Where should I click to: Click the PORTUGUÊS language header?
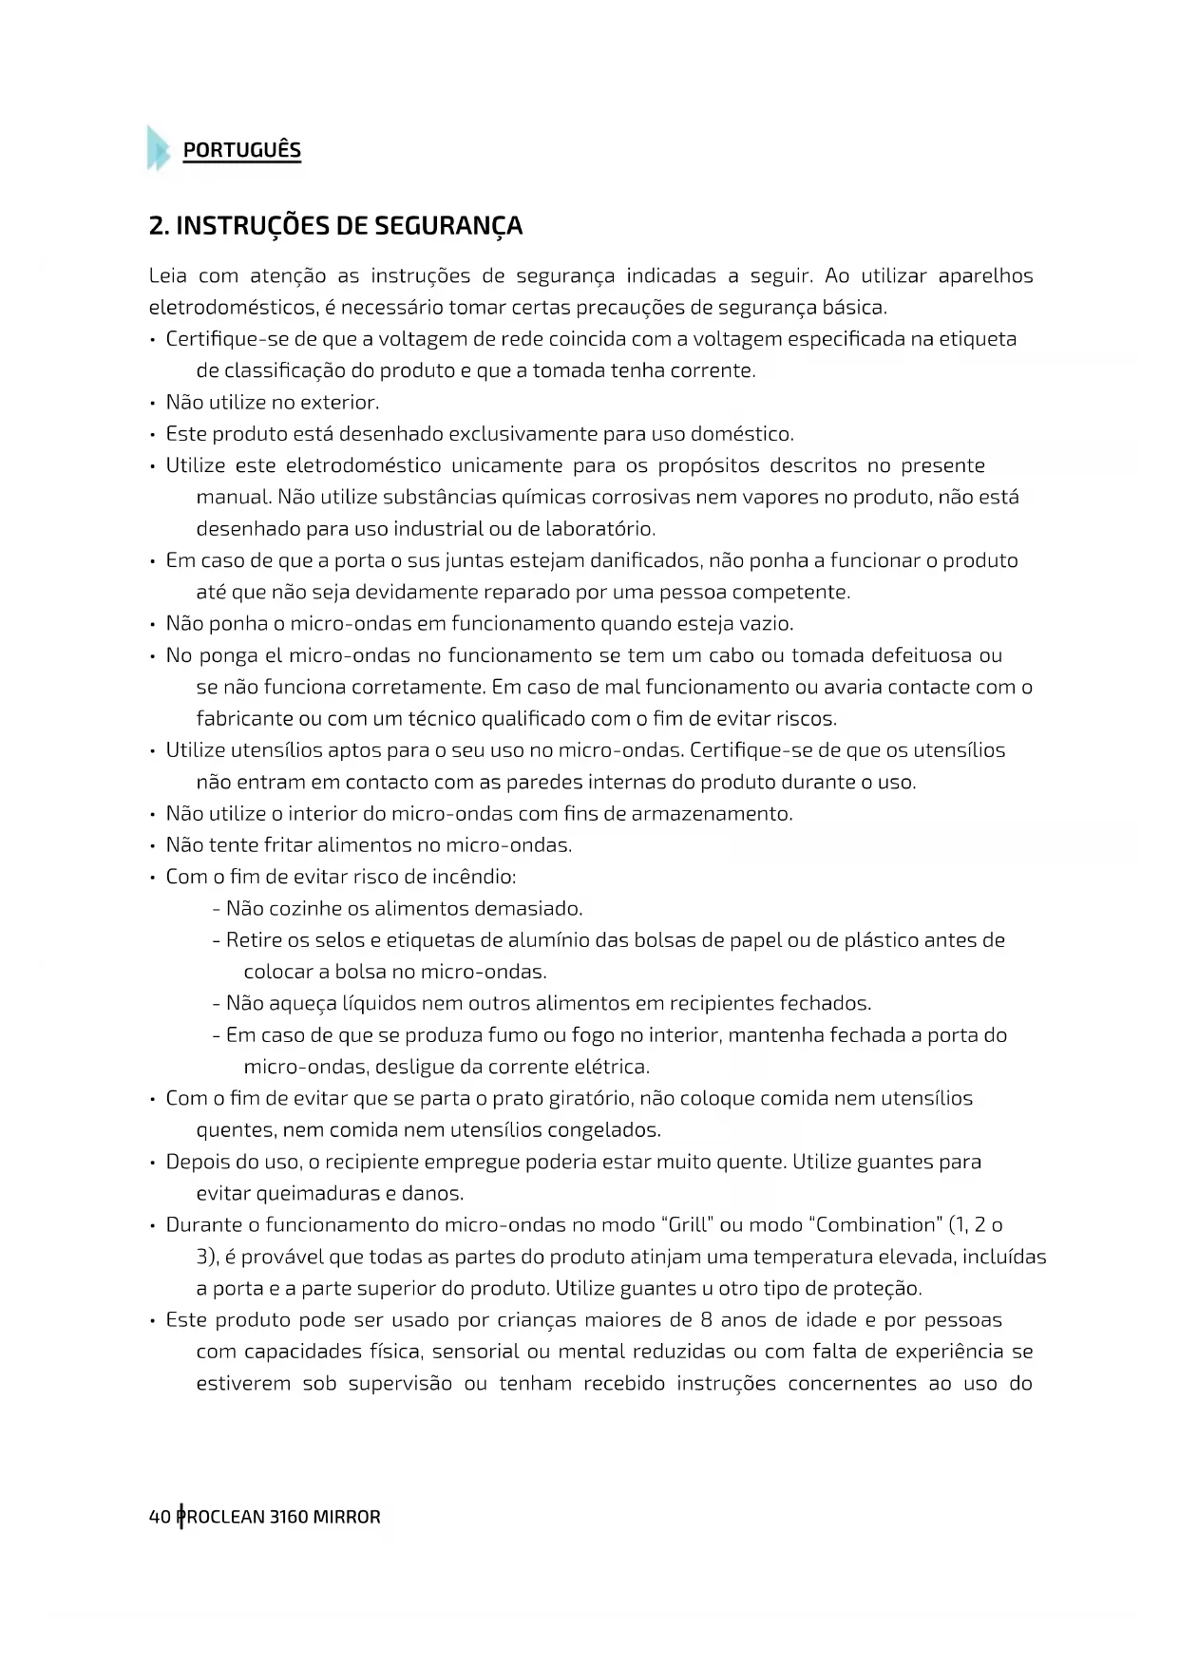[x=241, y=150]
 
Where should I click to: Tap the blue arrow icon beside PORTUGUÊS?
[x=158, y=148]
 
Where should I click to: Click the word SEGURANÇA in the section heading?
[x=448, y=226]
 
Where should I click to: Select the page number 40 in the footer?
[x=160, y=1517]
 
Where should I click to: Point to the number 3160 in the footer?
[x=289, y=1517]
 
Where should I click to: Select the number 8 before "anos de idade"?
[x=706, y=1319]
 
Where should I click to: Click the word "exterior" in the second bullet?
[x=339, y=403]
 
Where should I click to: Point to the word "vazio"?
[x=767, y=624]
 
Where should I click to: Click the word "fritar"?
[x=288, y=845]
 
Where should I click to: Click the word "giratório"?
[x=590, y=1098]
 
